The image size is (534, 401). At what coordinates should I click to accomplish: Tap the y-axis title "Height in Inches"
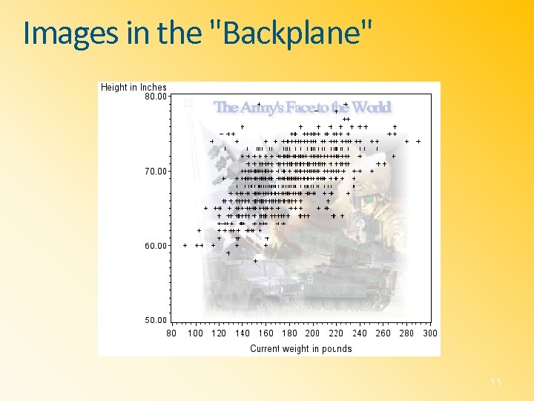tap(133, 88)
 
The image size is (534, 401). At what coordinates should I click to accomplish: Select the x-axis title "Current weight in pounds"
tap(300, 348)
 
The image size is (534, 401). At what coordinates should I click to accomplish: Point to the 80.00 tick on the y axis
tap(155, 96)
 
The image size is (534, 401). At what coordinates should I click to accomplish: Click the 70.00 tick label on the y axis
tap(155, 171)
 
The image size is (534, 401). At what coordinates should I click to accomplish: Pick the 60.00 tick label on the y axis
tap(155, 246)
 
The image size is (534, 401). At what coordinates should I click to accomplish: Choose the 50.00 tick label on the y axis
tap(155, 321)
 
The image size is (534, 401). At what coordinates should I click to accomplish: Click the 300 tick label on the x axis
tap(430, 333)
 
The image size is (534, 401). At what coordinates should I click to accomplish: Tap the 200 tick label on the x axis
tap(312, 333)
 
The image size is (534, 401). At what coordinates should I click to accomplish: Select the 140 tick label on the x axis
tap(243, 333)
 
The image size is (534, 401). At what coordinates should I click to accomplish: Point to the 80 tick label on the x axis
tap(171, 333)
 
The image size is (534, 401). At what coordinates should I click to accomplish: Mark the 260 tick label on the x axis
tap(383, 333)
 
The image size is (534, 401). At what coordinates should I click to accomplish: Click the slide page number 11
tap(496, 382)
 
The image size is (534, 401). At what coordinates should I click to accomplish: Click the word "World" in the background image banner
tap(371, 108)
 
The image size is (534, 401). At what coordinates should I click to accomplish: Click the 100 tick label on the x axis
tap(195, 333)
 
